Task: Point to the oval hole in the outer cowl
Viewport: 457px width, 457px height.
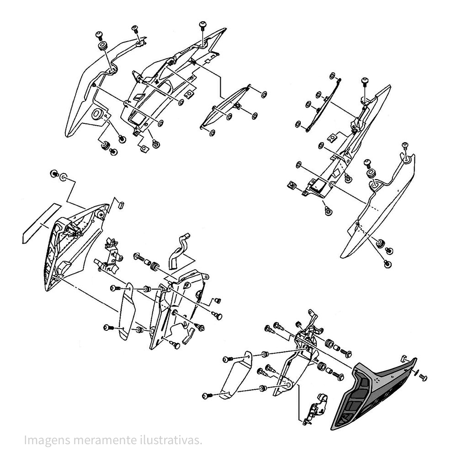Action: tap(97, 114)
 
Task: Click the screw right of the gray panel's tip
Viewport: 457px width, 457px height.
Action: tap(423, 377)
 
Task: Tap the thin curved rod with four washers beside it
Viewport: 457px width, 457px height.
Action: tap(323, 105)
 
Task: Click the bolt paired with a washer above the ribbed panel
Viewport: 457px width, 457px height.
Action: tap(54, 174)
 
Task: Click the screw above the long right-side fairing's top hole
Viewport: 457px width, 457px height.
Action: tap(405, 146)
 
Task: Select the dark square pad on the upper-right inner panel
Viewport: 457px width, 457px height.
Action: tap(319, 185)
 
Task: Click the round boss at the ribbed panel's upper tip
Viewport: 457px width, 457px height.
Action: tap(100, 212)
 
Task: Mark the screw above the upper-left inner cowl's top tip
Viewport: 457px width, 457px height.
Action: tap(202, 25)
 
